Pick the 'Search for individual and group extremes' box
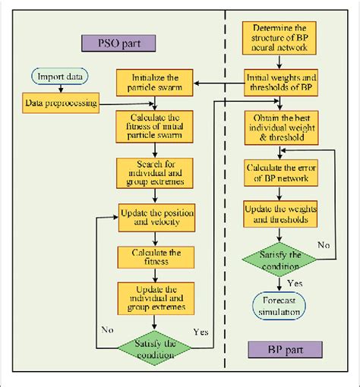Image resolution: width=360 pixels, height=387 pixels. tap(154, 171)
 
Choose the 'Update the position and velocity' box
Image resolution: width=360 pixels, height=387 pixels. tap(154, 215)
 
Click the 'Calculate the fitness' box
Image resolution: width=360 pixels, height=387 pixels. tap(154, 256)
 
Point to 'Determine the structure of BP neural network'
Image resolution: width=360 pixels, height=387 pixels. tap(276, 37)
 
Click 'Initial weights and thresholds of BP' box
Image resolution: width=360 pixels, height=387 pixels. tap(276, 81)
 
